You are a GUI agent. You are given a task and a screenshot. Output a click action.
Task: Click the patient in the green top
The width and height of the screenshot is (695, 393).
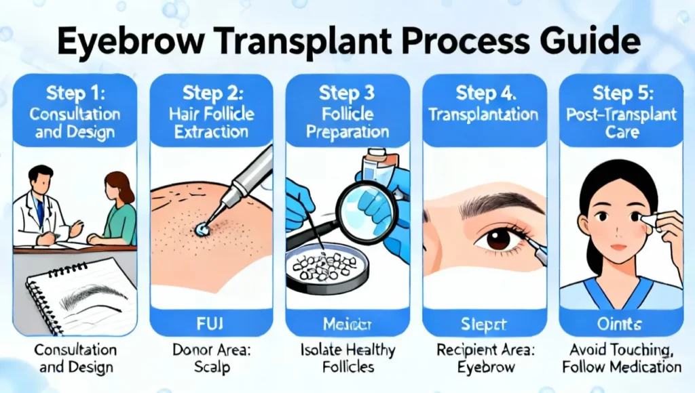[x=115, y=210]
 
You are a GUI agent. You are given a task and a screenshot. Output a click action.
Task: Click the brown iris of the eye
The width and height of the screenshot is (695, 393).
[x=499, y=238]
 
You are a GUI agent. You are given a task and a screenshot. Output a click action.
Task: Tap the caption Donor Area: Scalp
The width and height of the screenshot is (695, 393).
[x=211, y=359]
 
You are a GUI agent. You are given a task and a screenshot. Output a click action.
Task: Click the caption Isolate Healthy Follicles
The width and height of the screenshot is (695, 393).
[x=347, y=359]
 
